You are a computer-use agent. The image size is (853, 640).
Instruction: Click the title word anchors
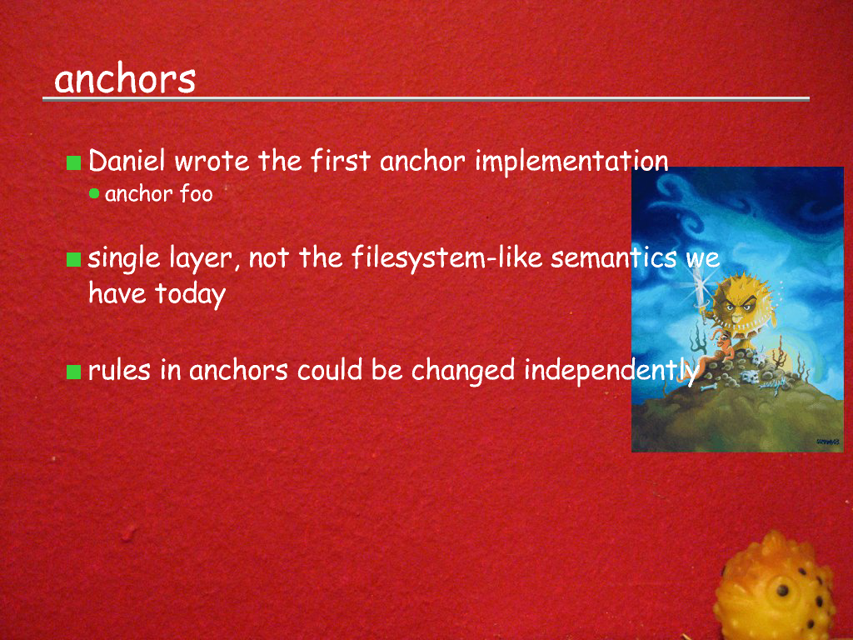[125, 79]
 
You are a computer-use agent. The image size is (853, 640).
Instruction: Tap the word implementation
[571, 162]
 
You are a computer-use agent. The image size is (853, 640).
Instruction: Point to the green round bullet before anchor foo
[94, 193]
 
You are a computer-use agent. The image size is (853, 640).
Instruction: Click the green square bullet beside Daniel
[73, 162]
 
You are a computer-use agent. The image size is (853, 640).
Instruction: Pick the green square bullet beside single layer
[73, 260]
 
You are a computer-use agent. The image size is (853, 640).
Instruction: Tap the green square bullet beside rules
[73, 372]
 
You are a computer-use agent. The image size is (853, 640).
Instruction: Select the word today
[191, 294]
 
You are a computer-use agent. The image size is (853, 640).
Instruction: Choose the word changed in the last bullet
[463, 371]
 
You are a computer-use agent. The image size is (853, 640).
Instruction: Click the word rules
[119, 370]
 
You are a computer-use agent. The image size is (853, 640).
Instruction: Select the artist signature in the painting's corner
[827, 442]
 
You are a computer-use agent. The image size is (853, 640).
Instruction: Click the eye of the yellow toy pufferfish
[782, 591]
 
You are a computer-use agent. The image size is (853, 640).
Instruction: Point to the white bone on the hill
[708, 387]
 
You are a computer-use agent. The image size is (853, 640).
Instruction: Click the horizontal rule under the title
[426, 99]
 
